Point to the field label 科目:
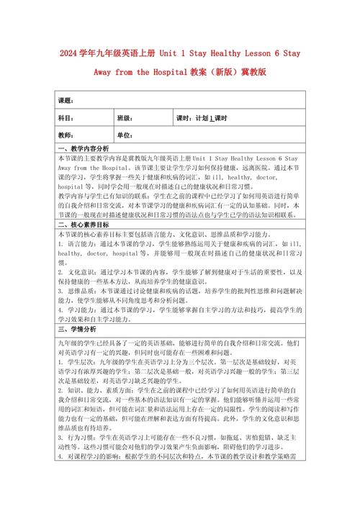pos(66,118)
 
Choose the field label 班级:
pos(125,118)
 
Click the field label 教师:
pos(66,135)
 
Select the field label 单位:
pos(125,135)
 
